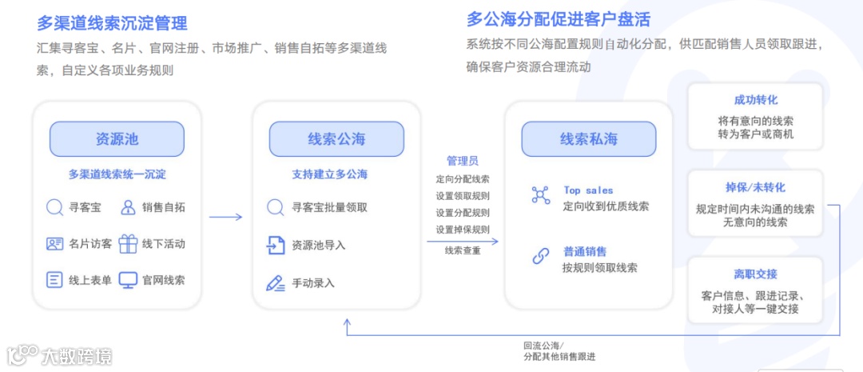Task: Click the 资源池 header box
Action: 117,139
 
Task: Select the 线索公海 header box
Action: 336,139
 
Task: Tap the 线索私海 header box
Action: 589,139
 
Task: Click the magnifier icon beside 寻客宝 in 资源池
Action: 54,208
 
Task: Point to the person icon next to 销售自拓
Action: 128,208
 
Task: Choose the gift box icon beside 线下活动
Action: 128,244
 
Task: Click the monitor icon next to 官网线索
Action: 128,280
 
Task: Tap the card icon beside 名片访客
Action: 54,244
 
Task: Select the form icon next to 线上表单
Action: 54,280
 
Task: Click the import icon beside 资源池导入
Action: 276,245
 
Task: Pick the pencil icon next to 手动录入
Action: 276,282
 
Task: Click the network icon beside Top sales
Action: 541,195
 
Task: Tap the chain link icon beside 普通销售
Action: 541,256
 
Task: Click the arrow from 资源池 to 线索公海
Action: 225,217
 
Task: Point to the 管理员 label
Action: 463,161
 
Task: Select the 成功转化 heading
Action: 755,100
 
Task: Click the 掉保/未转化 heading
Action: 755,187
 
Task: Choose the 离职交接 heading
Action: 755,274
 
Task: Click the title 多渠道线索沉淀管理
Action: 112,22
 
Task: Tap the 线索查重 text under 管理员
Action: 463,250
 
